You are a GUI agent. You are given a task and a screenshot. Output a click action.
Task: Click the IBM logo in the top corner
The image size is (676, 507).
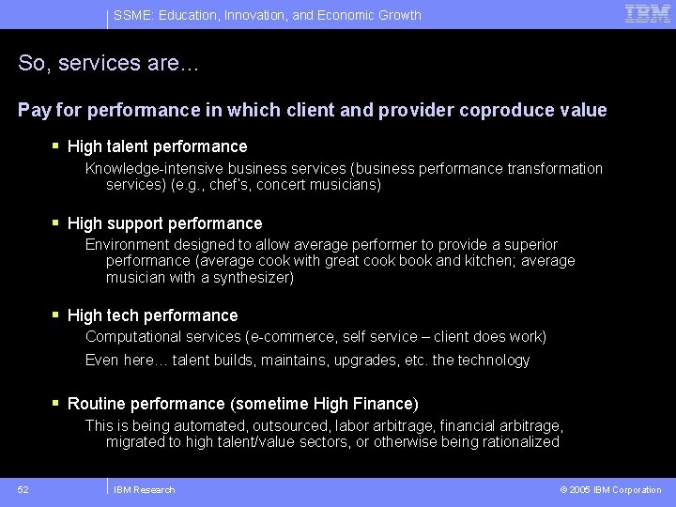coord(648,14)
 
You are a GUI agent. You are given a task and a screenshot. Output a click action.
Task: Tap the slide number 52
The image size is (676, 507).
coord(23,489)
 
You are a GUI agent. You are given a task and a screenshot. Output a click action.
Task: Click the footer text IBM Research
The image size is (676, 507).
coord(144,489)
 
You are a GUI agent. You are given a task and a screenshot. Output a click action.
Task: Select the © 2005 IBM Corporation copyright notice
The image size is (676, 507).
coord(610,489)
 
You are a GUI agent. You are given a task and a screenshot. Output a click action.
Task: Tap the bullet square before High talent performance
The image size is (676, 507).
coord(56,146)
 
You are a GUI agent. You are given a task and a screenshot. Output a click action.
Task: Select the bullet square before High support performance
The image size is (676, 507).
coord(56,223)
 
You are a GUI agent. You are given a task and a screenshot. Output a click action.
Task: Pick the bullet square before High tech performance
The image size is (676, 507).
coord(56,315)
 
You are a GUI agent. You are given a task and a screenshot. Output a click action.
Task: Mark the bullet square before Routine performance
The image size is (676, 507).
coord(56,403)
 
